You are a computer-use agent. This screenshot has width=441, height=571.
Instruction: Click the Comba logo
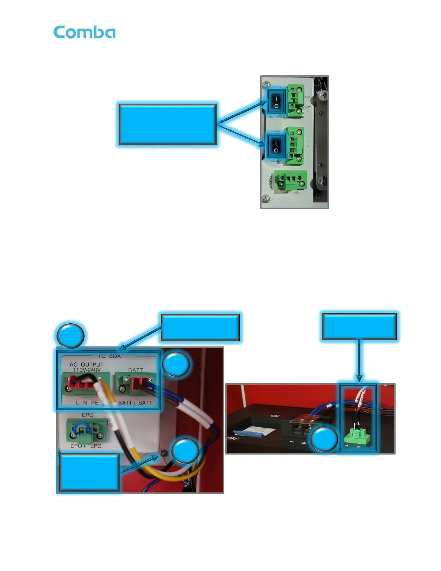coord(84,32)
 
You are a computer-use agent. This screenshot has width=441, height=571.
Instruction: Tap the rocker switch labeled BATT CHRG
coord(276,102)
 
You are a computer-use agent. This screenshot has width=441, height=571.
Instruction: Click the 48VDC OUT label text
coord(271,181)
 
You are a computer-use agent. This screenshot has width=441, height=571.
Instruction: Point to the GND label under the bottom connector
coord(295,192)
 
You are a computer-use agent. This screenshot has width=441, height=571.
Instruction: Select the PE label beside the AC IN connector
coord(307,141)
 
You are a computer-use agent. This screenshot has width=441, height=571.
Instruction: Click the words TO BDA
coord(109,356)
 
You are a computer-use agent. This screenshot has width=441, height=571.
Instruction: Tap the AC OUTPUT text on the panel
coord(86,364)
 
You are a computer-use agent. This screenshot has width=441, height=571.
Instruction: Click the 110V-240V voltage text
coord(87,370)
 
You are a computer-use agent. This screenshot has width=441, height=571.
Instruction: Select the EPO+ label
coord(78,446)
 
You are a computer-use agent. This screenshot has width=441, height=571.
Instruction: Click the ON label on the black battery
coord(275,416)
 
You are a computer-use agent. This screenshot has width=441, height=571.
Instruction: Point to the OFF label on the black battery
coord(233,438)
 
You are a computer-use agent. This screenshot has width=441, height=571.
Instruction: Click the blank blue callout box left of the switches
coord(168,124)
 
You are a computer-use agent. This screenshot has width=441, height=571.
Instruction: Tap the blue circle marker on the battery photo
coord(324,439)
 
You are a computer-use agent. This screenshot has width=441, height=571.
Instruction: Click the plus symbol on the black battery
coord(303,443)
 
